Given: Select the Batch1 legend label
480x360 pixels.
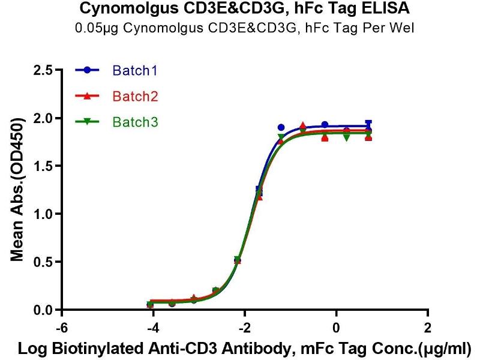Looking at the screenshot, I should point(135,71).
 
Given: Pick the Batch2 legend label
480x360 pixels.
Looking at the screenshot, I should point(135,96).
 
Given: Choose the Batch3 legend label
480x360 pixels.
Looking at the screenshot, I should point(135,122).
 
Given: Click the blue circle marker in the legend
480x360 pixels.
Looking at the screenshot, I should point(87,71).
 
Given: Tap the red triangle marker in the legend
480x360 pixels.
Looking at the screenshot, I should point(87,96).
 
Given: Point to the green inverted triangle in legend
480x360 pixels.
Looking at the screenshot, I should point(87,122).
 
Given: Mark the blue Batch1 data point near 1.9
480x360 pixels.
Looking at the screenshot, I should point(281,128).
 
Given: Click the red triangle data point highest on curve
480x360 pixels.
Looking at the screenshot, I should point(303,126).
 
